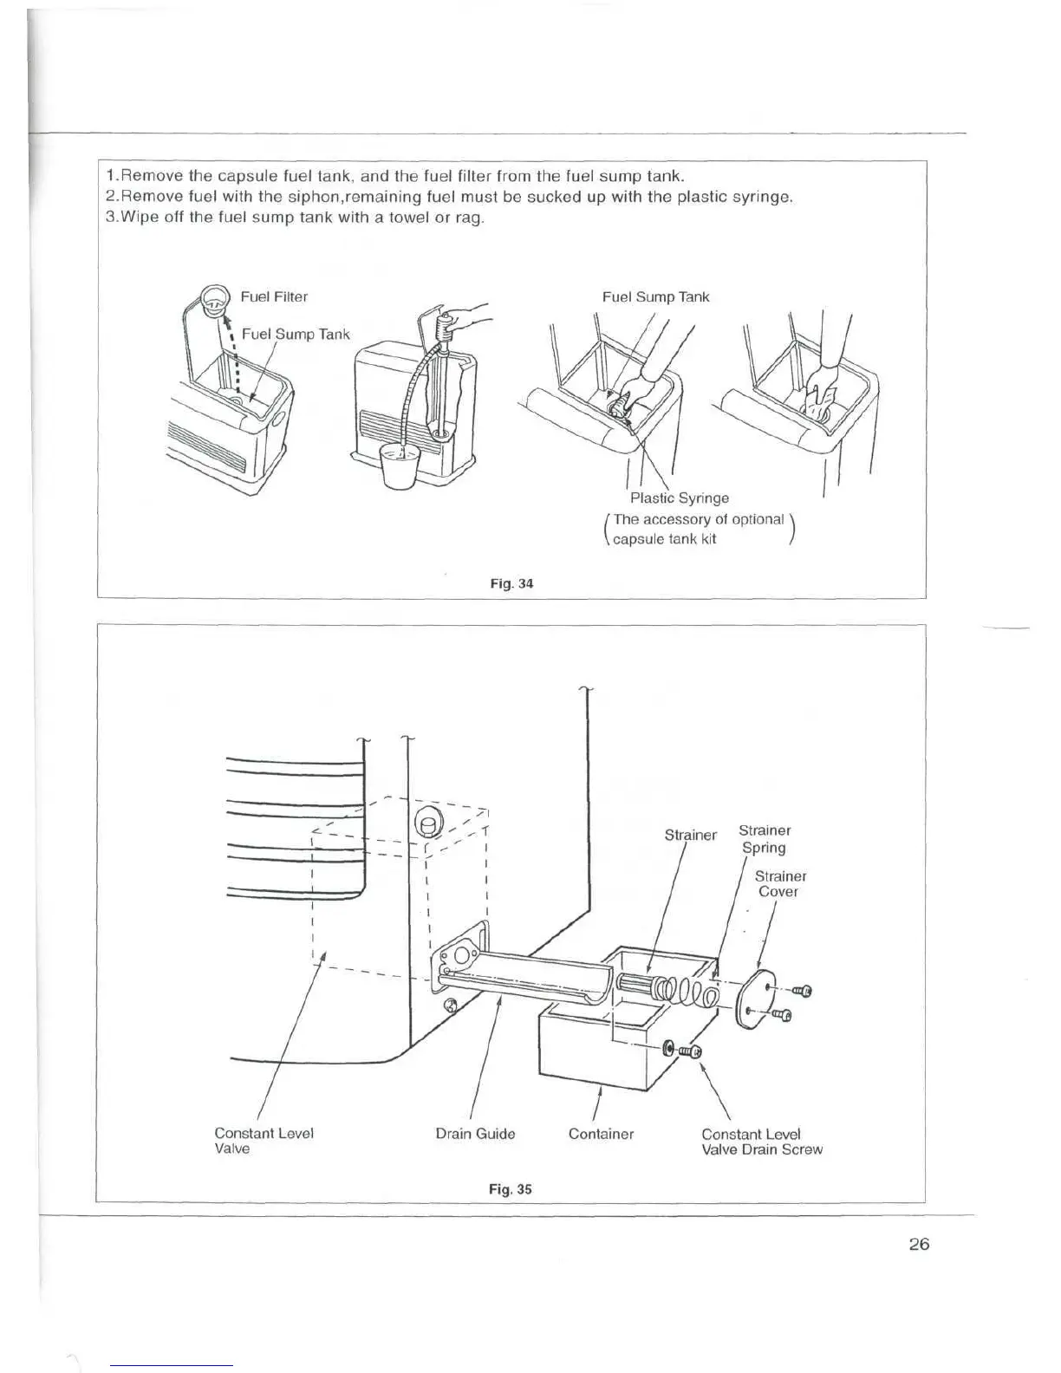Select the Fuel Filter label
coord(274,296)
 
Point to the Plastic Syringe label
coord(679,498)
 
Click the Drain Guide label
coord(475,1134)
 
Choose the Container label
coord(601,1134)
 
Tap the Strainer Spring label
coord(764,839)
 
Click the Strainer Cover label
coord(779,884)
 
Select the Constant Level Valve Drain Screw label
coord(761,1142)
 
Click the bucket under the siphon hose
coord(400,468)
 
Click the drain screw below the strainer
coord(682,1051)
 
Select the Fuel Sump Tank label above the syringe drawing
coord(655,296)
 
